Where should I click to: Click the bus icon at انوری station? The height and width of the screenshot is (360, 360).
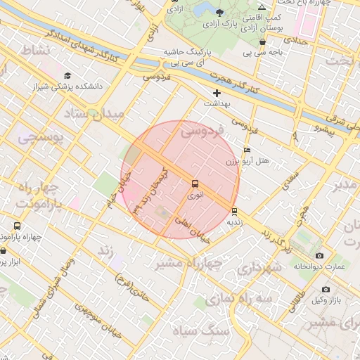click(x=195, y=184)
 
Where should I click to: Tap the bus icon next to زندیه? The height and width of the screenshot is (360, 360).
click(x=234, y=211)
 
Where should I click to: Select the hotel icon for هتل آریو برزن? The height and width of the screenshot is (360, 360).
click(x=246, y=150)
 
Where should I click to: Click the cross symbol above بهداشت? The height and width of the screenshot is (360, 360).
click(x=217, y=93)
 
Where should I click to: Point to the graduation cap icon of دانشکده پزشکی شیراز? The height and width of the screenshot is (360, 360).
click(x=67, y=76)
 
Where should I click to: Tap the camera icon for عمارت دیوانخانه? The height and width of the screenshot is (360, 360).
click(x=320, y=255)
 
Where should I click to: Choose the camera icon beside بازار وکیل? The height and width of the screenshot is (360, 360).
click(x=326, y=289)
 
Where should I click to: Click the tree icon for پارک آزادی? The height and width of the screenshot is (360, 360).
click(x=220, y=13)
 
